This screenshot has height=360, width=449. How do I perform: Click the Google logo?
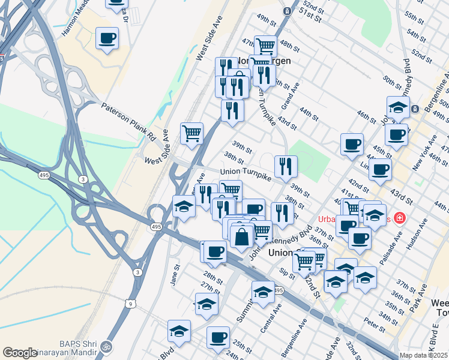[x=20, y=353]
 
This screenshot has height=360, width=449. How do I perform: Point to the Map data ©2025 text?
[x=423, y=355]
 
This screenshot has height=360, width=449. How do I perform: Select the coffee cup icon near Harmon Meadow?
[x=107, y=39]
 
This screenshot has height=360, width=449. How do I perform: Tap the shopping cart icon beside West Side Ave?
[x=191, y=133]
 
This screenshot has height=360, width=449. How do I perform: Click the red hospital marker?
[x=398, y=218]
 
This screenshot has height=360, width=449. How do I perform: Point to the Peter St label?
[x=374, y=328]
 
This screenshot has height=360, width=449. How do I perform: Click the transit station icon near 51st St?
[x=288, y=11]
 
